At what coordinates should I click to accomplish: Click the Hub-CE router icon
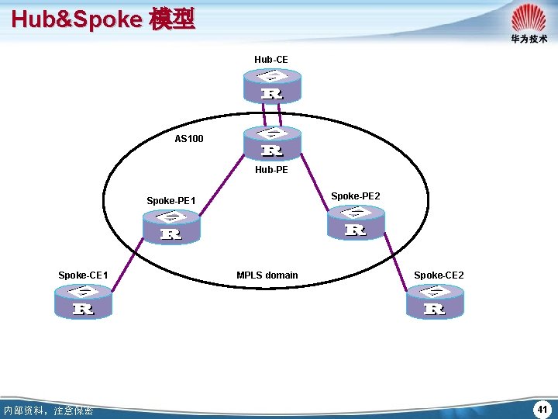pos(272,85)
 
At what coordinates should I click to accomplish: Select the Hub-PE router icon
pos(272,143)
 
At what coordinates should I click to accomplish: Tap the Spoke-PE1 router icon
pos(171,227)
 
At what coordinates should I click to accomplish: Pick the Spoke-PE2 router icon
pos(355,223)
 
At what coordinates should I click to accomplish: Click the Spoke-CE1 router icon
pos(83,300)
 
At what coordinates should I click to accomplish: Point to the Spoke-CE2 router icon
pos(435,300)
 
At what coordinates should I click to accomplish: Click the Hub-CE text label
pos(271,59)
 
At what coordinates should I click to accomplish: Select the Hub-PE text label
pos(271,170)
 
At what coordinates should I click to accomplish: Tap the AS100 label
pos(189,139)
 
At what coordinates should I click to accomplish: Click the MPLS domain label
pos(267,275)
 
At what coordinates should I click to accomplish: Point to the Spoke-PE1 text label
pos(171,202)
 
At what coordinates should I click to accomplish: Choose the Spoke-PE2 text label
pos(356,196)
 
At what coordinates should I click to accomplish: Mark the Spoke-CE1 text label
pos(83,275)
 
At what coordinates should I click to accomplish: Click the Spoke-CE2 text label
pos(439,275)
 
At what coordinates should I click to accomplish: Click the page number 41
pos(542,408)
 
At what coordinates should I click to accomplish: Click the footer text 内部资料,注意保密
pos(47,410)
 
